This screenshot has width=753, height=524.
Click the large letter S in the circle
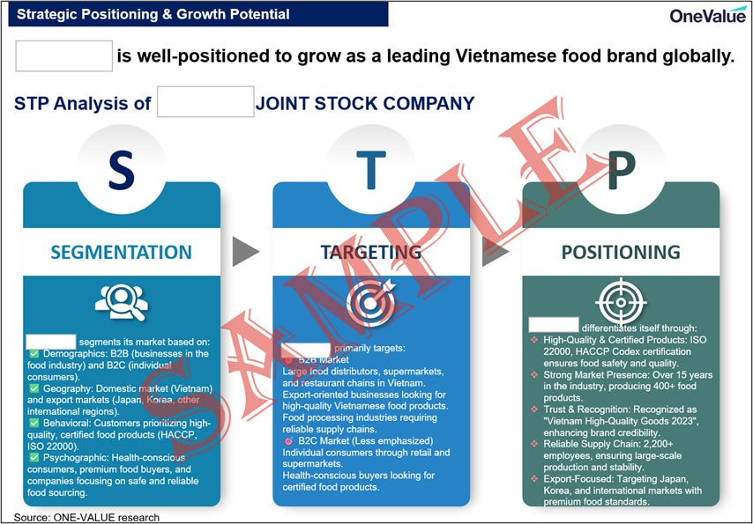click(x=121, y=171)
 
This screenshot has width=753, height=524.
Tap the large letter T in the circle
click(x=370, y=169)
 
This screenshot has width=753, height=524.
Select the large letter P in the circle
click(x=621, y=171)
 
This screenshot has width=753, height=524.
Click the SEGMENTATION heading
click(x=121, y=252)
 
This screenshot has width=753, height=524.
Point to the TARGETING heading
click(x=370, y=252)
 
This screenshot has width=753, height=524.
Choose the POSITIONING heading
click(x=621, y=252)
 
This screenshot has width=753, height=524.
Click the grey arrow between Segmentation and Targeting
click(x=245, y=252)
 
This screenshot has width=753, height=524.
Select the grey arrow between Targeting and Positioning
click(x=496, y=252)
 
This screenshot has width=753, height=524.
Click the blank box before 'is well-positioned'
click(x=64, y=56)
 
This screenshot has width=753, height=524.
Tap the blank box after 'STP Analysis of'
click(x=205, y=102)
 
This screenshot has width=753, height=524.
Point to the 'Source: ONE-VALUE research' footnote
click(x=86, y=517)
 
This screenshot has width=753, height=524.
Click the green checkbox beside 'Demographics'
click(x=34, y=353)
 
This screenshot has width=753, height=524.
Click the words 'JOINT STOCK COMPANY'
click(x=365, y=103)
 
